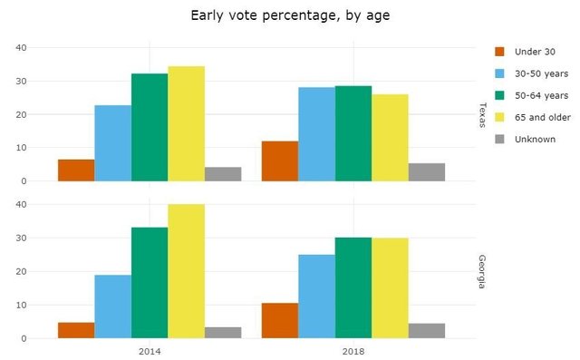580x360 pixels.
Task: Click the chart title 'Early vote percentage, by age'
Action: (x=289, y=15)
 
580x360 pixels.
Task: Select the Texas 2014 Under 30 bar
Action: (x=76, y=170)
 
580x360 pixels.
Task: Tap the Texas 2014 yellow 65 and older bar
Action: (x=186, y=123)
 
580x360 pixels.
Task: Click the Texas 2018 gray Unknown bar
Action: (x=426, y=172)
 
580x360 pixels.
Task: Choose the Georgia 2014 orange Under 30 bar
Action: (x=76, y=330)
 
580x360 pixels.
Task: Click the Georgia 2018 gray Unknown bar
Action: (x=426, y=331)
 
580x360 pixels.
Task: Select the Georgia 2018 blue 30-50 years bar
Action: (x=316, y=297)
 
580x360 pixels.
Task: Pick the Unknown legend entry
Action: (x=535, y=139)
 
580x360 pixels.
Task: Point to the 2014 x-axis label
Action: (x=150, y=349)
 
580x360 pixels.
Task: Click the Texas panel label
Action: (x=480, y=114)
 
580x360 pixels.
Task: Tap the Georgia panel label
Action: (x=480, y=271)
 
